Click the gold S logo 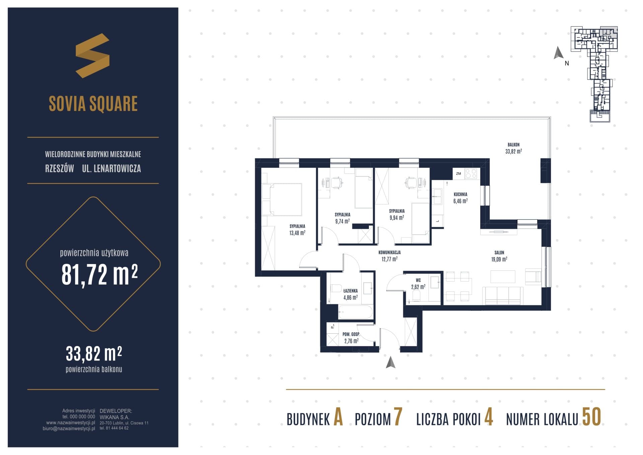92,56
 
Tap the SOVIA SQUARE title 93,104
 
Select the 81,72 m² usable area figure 99,274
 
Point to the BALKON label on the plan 513,145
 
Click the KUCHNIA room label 460,194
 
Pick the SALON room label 499,253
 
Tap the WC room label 418,280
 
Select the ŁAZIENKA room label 350,291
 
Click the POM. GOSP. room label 351,334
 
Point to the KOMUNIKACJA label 389,253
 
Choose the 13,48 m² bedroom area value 297,233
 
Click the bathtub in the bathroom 355,312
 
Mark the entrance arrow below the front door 390,362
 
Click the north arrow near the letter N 558,53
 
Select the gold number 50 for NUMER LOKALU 591,417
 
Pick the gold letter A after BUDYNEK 338,417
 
